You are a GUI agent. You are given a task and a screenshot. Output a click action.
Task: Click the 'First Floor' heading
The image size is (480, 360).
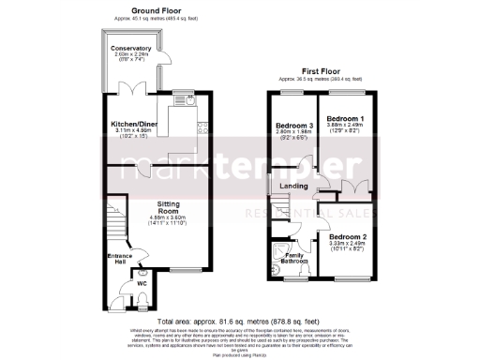pos(320,69)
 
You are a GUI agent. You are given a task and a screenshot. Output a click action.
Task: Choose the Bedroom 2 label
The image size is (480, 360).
pos(347,237)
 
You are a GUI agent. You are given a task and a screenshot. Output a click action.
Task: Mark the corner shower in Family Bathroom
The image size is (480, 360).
pos(277,250)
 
